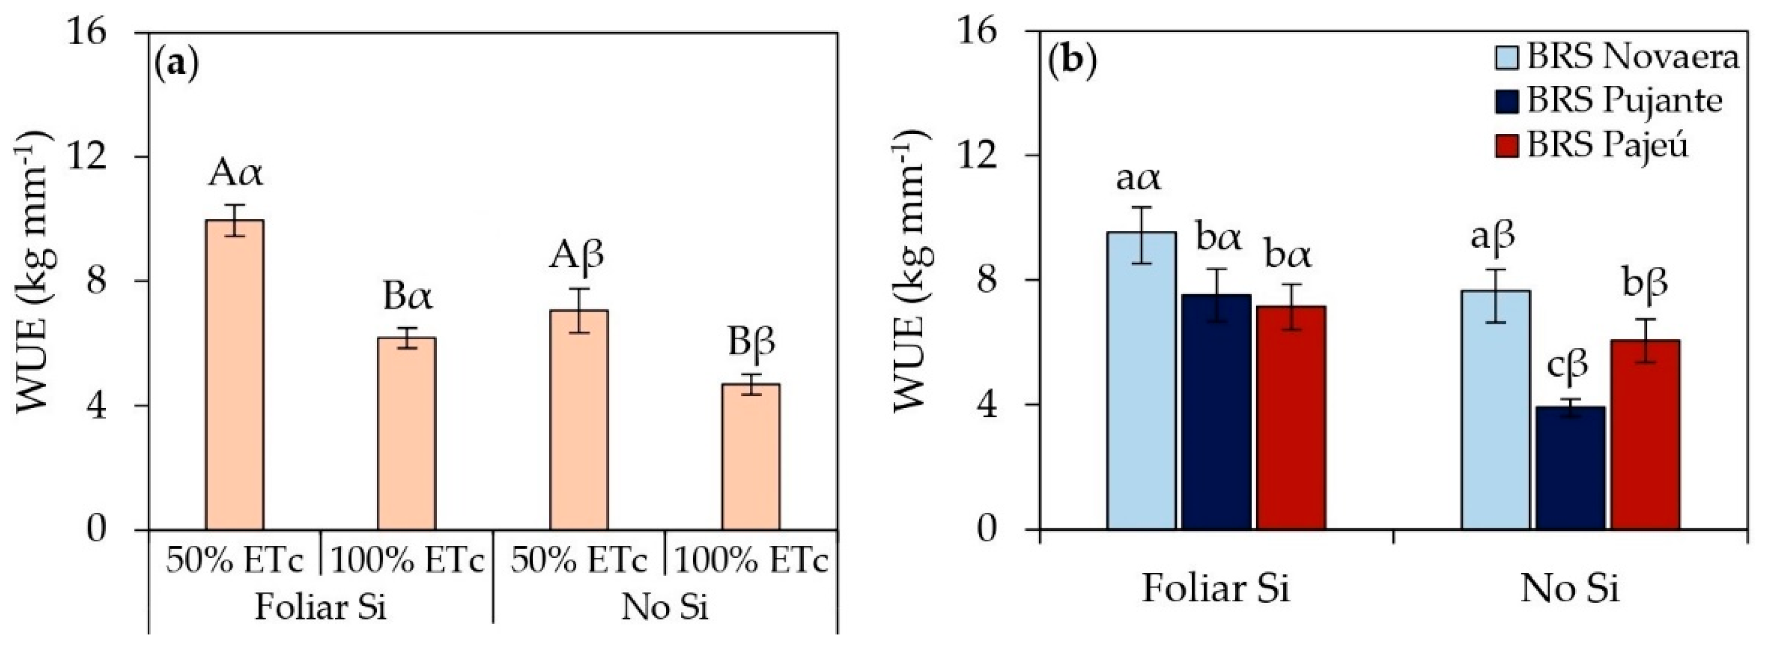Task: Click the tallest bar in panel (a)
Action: [235, 374]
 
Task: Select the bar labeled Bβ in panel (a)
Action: [751, 456]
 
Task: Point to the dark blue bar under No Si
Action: [1570, 468]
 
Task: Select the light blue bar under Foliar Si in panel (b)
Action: [1142, 381]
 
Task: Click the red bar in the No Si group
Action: [1645, 434]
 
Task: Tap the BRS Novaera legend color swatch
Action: [1509, 57]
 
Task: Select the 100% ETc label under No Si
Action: [751, 561]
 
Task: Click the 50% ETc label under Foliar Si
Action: [234, 561]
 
